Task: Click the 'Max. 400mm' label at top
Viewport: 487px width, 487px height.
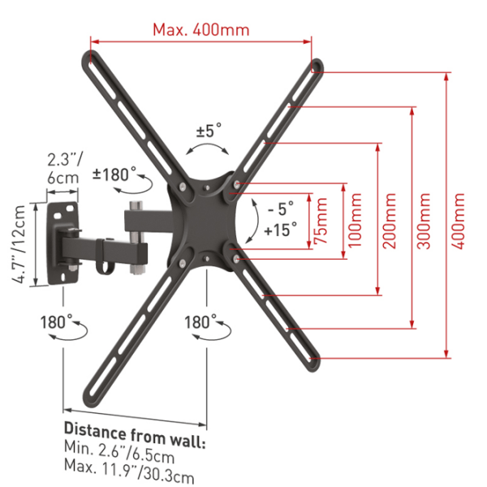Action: pyautogui.click(x=201, y=30)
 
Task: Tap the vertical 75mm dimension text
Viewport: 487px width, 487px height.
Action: pyautogui.click(x=321, y=221)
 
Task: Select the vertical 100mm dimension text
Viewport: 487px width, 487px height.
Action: pyautogui.click(x=355, y=220)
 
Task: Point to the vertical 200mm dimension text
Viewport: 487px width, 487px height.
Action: pyautogui.click(x=390, y=221)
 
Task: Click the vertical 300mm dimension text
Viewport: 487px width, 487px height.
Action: pyautogui.click(x=424, y=221)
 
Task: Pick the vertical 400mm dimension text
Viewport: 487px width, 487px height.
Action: pyautogui.click(x=458, y=221)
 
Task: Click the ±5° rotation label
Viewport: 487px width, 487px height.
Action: pyautogui.click(x=209, y=130)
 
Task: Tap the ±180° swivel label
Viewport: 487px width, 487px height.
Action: pyautogui.click(x=114, y=174)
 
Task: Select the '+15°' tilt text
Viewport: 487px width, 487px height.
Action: pyautogui.click(x=281, y=231)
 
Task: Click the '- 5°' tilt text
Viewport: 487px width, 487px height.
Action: pyautogui.click(x=281, y=209)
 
